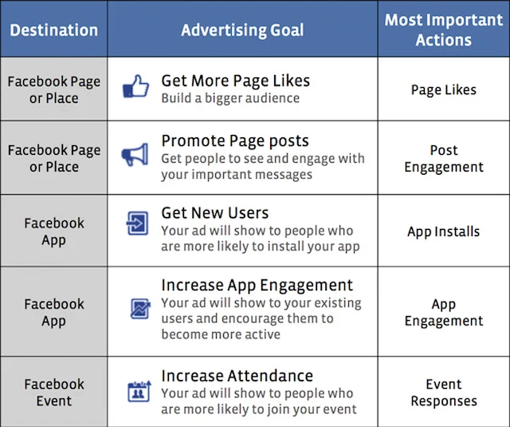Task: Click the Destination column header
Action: click(x=54, y=30)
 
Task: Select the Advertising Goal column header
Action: click(x=242, y=30)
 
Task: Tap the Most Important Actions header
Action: click(x=443, y=30)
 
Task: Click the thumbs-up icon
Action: click(x=135, y=87)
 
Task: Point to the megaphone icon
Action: click(x=135, y=155)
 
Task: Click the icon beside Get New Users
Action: click(x=137, y=224)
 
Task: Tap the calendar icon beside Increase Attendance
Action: click(x=138, y=391)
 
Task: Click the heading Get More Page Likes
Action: click(x=235, y=81)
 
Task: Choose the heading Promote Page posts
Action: click(x=234, y=140)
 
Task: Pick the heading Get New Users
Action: click(x=214, y=213)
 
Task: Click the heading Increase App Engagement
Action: click(x=257, y=285)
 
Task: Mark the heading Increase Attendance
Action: click(x=237, y=375)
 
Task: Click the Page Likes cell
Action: click(x=443, y=89)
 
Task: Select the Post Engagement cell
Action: click(x=443, y=158)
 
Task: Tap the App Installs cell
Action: click(x=443, y=231)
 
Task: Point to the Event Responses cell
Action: click(x=443, y=393)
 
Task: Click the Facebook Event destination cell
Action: click(x=54, y=393)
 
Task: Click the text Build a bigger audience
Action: click(x=229, y=98)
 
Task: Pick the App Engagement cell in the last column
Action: click(x=443, y=312)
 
